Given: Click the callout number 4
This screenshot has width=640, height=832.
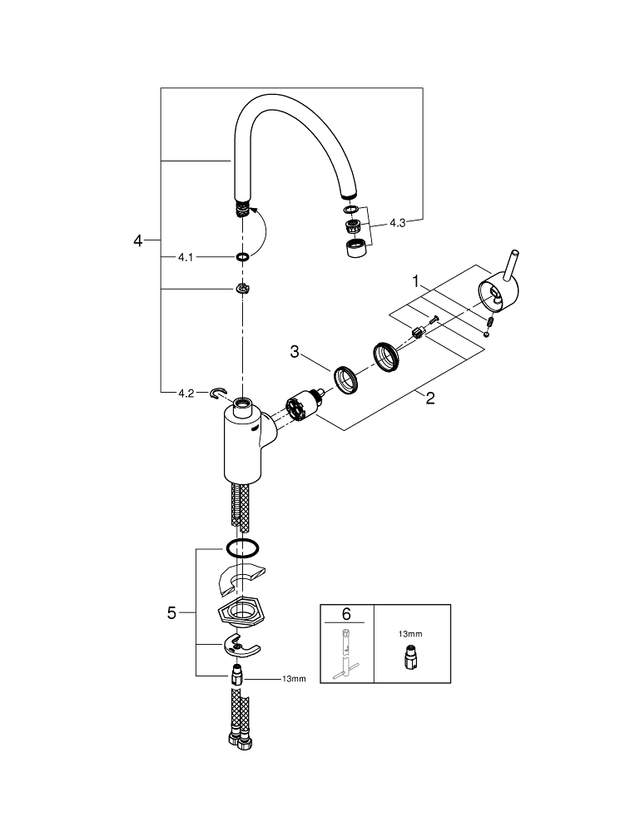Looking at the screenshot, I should pyautogui.click(x=138, y=241).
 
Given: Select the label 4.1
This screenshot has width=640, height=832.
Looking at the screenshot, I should pyautogui.click(x=185, y=257).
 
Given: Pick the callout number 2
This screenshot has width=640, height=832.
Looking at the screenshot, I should pyautogui.click(x=429, y=398).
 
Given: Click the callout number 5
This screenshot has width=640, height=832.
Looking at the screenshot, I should pyautogui.click(x=171, y=613).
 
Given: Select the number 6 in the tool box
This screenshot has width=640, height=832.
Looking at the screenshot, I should pyautogui.click(x=346, y=615).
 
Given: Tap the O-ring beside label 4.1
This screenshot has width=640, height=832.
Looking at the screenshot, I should pyautogui.click(x=241, y=257).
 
